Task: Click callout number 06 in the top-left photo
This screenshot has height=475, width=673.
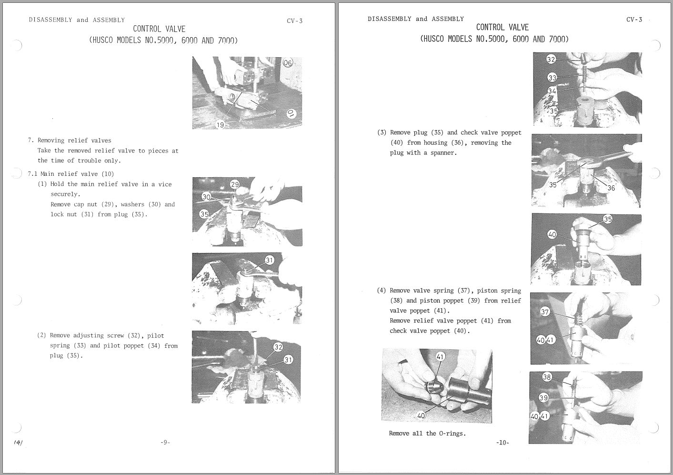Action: (288, 63)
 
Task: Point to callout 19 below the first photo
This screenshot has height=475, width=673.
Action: (220, 125)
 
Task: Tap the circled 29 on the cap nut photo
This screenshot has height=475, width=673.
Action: (235, 184)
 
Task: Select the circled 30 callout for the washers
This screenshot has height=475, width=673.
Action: (207, 197)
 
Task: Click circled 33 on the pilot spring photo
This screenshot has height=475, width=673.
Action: (552, 78)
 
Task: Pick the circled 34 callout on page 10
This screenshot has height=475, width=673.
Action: (552, 91)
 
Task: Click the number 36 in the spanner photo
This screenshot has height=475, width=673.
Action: (611, 188)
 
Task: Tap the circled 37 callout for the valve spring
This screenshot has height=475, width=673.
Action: (545, 312)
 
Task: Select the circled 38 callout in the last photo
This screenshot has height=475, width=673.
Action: (547, 377)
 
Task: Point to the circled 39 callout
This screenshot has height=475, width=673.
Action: (543, 398)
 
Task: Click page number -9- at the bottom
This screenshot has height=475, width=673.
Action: (165, 443)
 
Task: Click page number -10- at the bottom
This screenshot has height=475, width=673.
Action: (502, 443)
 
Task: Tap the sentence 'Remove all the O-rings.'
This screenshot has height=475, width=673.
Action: (427, 434)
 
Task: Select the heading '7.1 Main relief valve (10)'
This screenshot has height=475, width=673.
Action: (70, 174)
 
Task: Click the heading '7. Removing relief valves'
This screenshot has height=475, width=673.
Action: (70, 141)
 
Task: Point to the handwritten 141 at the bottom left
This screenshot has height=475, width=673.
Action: (19, 443)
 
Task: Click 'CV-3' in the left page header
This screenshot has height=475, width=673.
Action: (294, 21)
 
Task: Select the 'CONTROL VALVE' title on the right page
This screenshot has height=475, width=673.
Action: (502, 28)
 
